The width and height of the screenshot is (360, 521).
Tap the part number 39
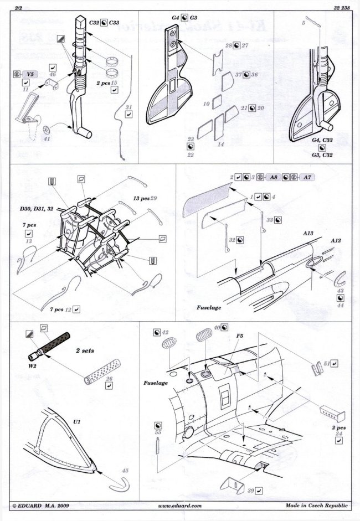(250, 491)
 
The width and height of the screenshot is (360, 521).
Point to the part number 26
(109, 379)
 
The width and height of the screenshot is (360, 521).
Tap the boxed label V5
(33, 73)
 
